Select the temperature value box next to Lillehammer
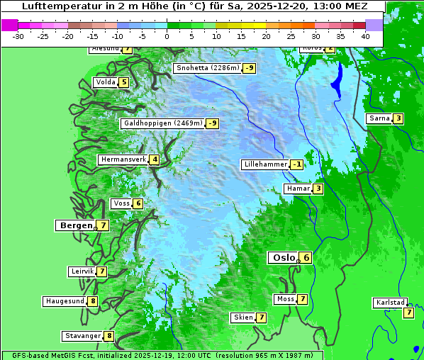point(296,164)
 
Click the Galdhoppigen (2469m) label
point(163,123)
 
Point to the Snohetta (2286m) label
point(208,68)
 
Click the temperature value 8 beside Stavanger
point(109,336)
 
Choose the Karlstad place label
point(390,303)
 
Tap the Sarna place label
point(379,118)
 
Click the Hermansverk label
point(123,159)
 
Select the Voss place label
point(121,203)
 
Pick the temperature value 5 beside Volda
point(124,82)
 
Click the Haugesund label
point(65,301)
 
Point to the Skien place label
point(242,317)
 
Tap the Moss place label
point(285,299)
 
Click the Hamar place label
point(297,189)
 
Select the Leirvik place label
point(82,271)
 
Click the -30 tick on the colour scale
point(18,35)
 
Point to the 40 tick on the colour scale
point(365,35)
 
